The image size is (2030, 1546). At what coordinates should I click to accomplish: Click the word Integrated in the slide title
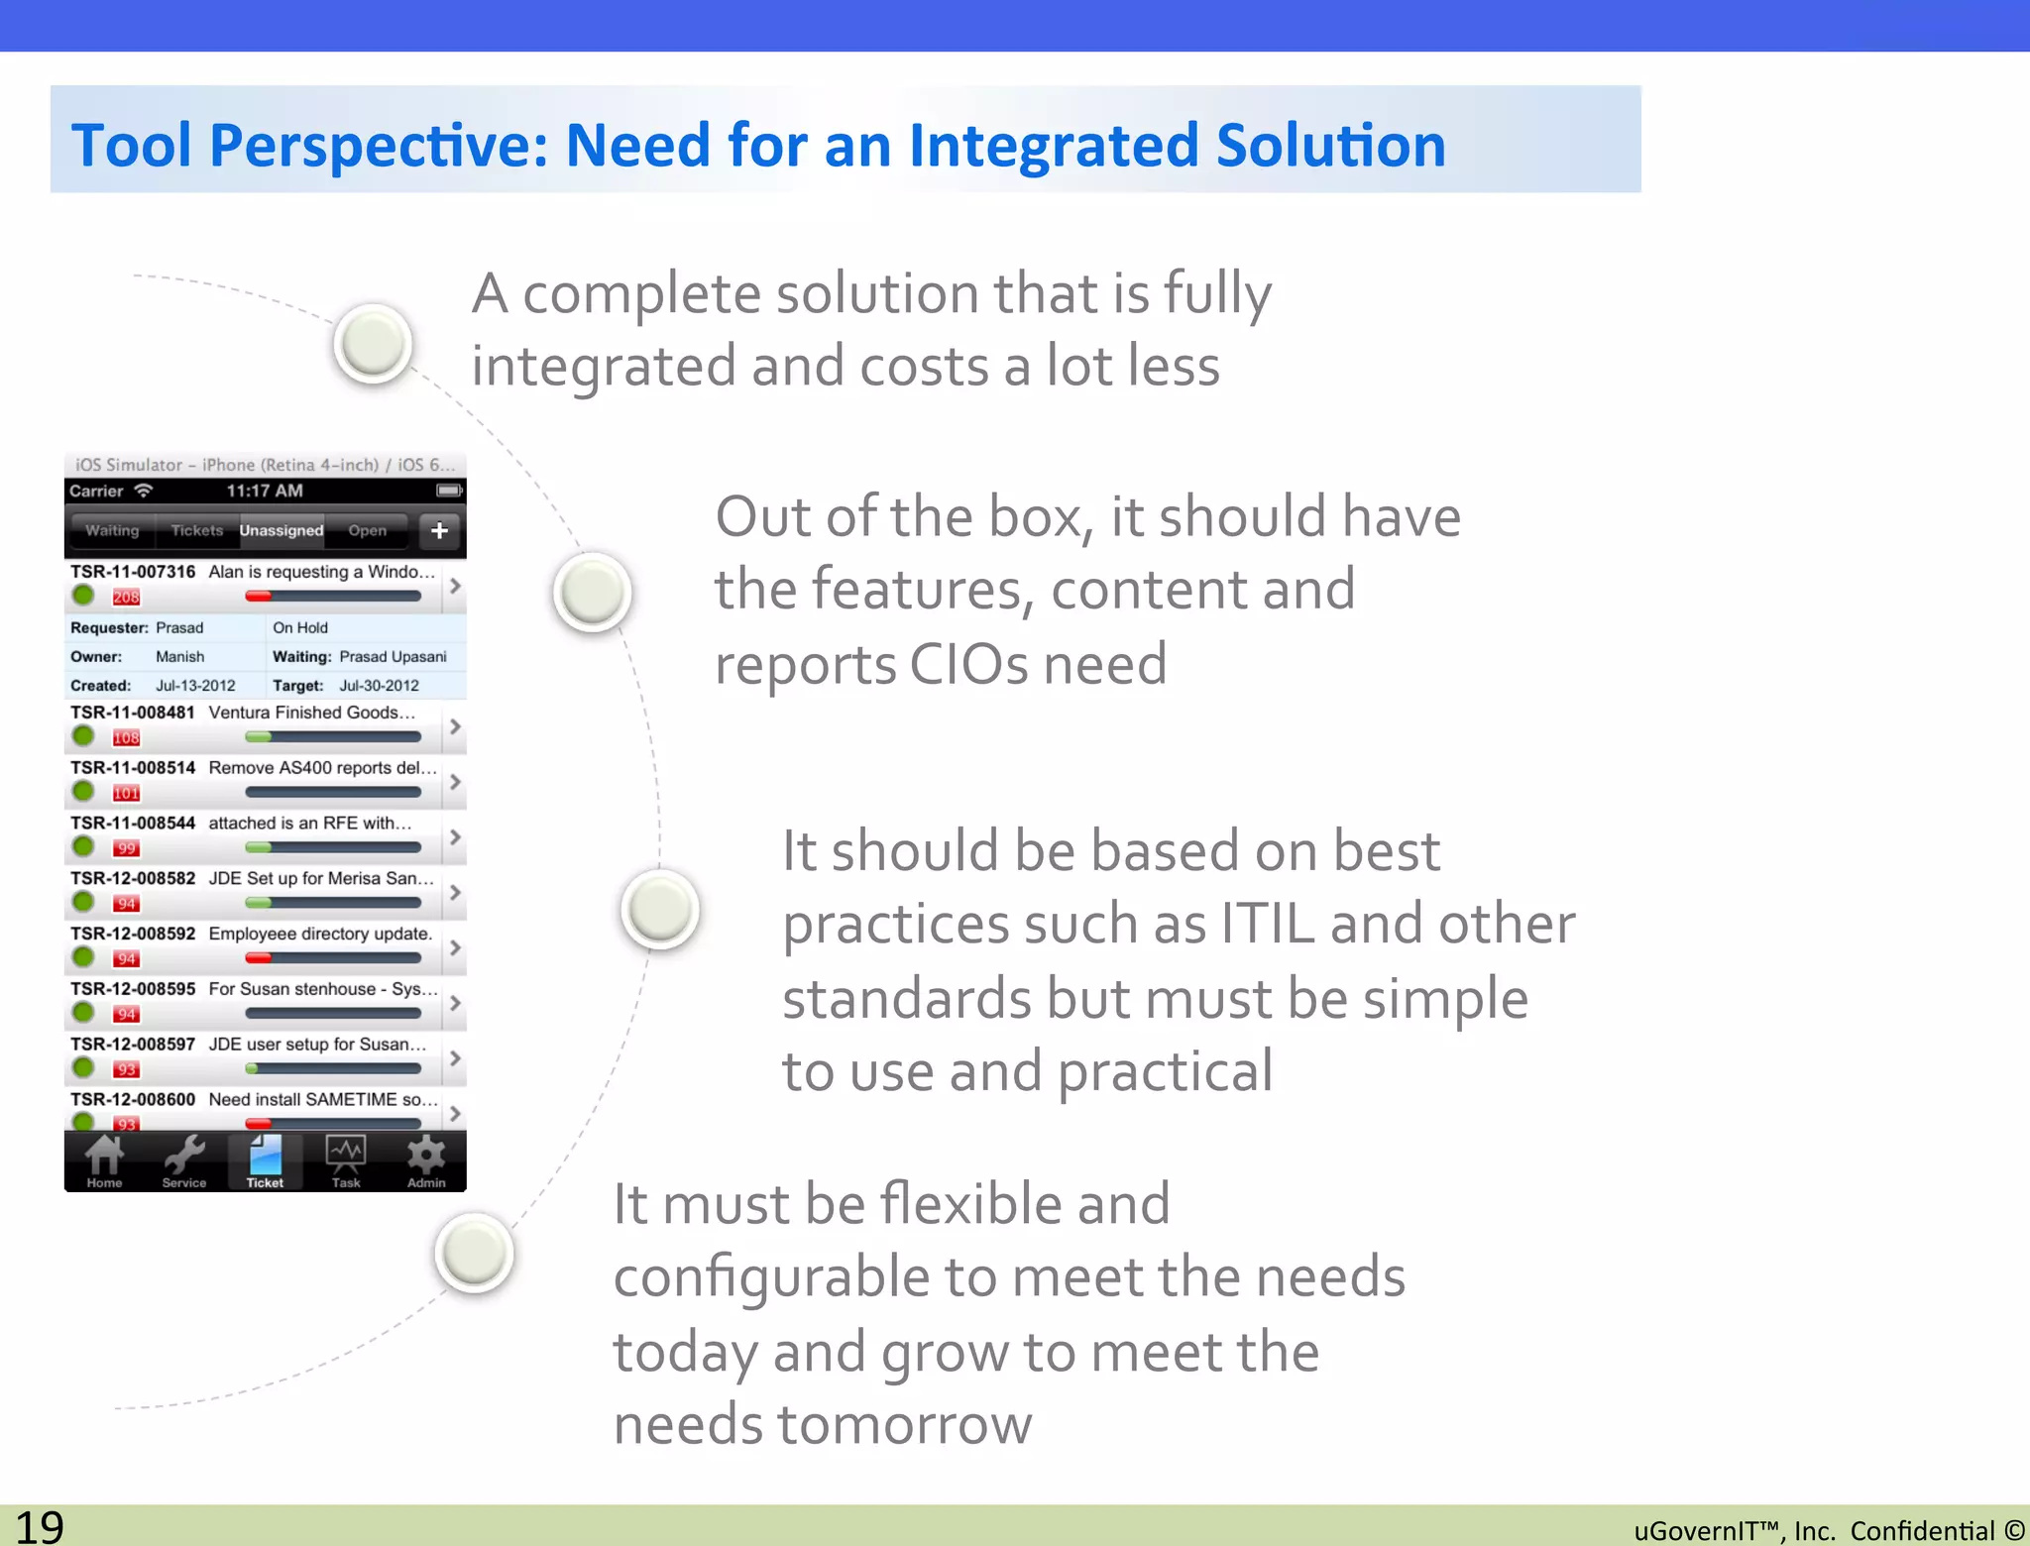pos(1053,146)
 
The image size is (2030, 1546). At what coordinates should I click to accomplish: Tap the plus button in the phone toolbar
pos(439,530)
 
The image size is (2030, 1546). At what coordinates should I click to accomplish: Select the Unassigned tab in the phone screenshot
pos(282,530)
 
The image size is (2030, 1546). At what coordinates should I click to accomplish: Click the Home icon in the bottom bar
pos(104,1160)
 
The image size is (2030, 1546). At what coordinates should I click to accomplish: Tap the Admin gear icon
pos(426,1160)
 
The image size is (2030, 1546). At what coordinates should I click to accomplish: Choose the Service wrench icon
pos(184,1160)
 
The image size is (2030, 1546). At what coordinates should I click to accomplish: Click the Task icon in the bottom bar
pos(346,1160)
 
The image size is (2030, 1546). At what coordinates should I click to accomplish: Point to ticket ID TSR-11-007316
pos(133,572)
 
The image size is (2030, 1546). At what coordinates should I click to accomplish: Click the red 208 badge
pos(126,597)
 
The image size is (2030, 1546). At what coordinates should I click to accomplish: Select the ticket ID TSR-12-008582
pos(133,878)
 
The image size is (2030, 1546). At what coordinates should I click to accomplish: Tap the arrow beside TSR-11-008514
pos(455,782)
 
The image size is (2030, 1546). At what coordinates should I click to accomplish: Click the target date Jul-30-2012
pos(379,686)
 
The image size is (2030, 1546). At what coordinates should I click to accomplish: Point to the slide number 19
pos(40,1526)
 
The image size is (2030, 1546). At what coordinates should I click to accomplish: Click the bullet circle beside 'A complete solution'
pos(373,343)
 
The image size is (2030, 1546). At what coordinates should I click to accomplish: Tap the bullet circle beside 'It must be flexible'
pos(474,1253)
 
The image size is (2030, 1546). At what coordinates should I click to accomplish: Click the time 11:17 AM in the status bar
pos(265,491)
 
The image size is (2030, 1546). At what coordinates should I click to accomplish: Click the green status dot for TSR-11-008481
pos(83,736)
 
